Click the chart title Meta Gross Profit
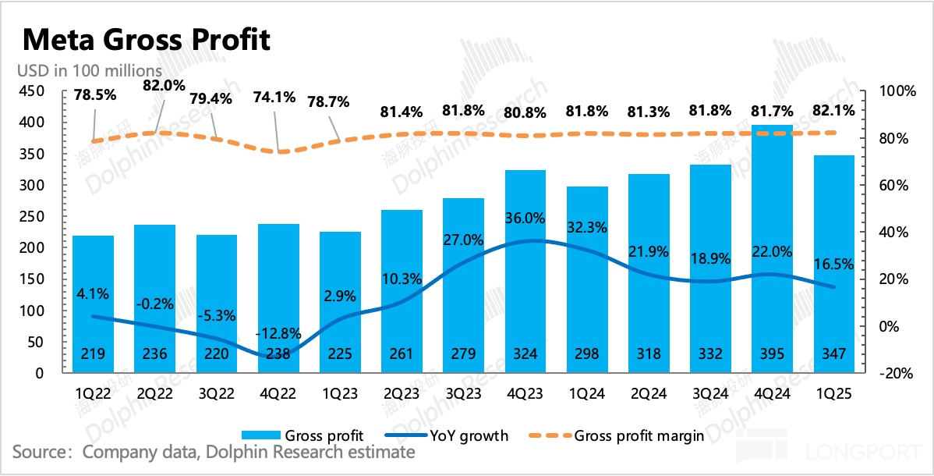coord(147,38)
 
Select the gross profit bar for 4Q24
coord(772,250)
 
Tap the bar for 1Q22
coord(94,304)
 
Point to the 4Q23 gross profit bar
coord(525,273)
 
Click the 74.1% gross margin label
coord(274,98)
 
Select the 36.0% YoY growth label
coord(526,218)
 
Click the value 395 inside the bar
coord(772,354)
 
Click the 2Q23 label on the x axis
coord(402,395)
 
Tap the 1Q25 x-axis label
coord(833,395)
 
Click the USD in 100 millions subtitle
coord(90,69)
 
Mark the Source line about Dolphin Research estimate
coord(214,453)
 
